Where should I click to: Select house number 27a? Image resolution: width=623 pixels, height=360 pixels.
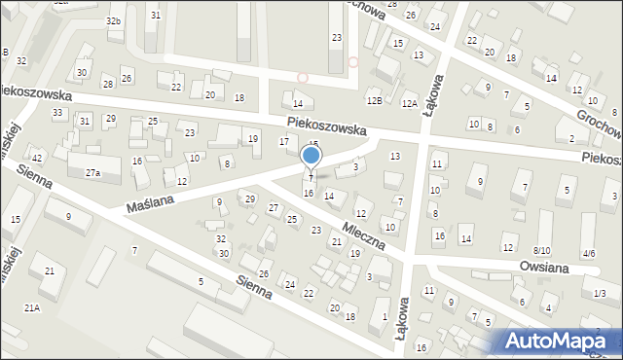coord(92,172)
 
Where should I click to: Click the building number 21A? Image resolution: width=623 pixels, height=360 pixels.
coord(32,307)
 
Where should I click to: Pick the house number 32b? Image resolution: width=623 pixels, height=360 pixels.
coord(114,20)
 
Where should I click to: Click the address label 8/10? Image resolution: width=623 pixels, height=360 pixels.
coord(541,251)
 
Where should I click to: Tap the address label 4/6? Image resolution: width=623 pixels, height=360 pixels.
coord(588,253)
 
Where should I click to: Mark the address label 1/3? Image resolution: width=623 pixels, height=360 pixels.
coord(600,294)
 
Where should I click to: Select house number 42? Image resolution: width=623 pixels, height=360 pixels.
coord(37,158)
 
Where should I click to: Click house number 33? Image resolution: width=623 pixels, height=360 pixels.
coord(57,114)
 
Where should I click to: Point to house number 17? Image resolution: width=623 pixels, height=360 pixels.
coord(284,142)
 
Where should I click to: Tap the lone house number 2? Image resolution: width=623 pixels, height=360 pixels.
coord(571,138)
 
